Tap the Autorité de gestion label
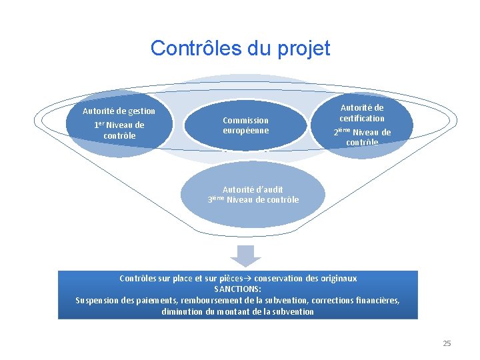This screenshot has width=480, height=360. click(119, 111)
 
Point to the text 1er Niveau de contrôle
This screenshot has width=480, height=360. click(119, 130)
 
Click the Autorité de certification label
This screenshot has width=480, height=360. click(362, 113)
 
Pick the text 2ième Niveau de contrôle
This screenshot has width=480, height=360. click(362, 137)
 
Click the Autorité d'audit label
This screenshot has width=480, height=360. click(253, 189)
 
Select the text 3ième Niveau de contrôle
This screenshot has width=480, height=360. click(253, 199)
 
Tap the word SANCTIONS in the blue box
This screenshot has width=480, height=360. click(237, 289)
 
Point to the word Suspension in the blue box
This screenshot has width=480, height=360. click(97, 301)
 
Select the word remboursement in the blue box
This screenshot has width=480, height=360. click(201, 301)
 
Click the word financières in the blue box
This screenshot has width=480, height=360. click(376, 301)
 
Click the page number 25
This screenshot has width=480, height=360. click(447, 343)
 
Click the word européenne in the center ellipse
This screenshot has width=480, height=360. click(246, 131)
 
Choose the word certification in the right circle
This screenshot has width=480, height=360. click(362, 118)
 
